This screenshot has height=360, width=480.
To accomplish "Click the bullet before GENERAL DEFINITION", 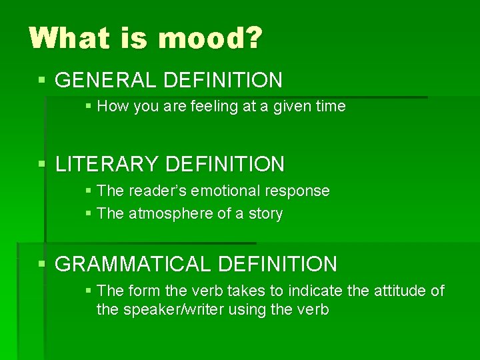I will tap(43, 81).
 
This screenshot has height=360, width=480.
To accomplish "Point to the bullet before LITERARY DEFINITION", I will tap(43, 164).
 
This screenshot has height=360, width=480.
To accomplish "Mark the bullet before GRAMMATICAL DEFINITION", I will tap(43, 265).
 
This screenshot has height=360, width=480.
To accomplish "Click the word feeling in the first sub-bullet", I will tap(213, 107).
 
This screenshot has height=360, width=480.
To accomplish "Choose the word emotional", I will tap(224, 191).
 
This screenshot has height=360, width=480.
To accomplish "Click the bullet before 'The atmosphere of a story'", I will tap(89, 214).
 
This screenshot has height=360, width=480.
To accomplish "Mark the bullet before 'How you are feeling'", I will tap(89, 107).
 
